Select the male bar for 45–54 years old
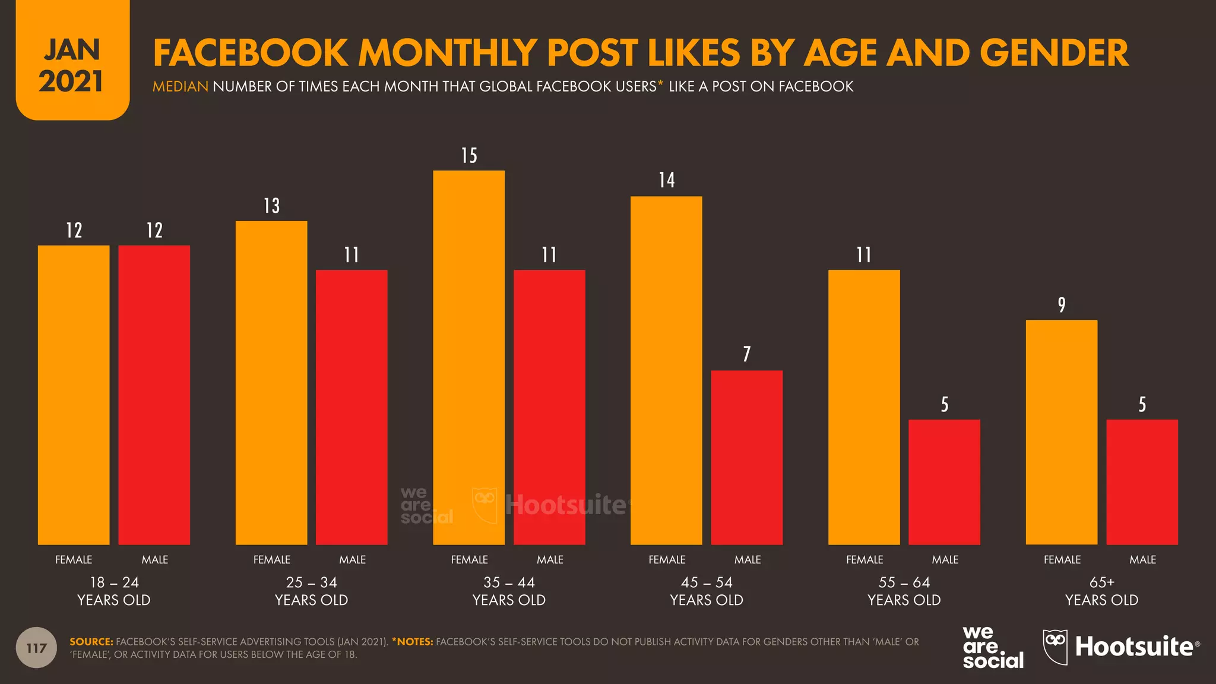(x=746, y=457)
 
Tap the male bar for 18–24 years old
(x=154, y=395)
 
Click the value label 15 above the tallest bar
(x=469, y=156)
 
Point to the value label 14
(x=667, y=180)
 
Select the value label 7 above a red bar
(x=747, y=354)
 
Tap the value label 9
(x=1062, y=305)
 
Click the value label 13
(x=271, y=206)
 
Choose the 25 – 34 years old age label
(x=311, y=591)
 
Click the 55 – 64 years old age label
(x=904, y=591)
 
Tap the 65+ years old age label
(x=1101, y=591)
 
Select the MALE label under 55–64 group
(x=945, y=559)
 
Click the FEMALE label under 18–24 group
(x=74, y=559)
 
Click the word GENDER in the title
(x=1053, y=53)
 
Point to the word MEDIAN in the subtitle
(x=180, y=87)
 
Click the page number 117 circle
(x=36, y=648)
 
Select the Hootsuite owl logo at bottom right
(x=1055, y=646)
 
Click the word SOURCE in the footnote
(x=91, y=642)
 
